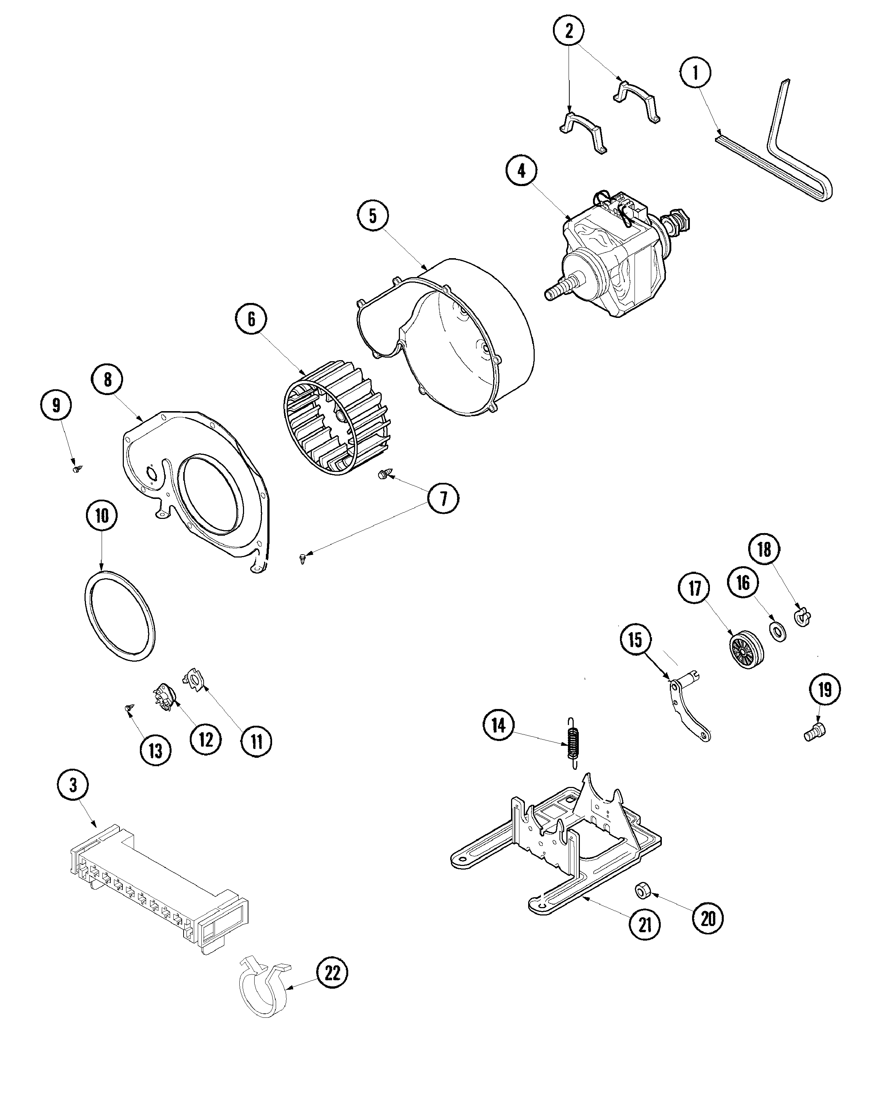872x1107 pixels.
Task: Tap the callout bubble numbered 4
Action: (x=521, y=171)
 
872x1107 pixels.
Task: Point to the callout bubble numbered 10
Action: (x=102, y=516)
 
